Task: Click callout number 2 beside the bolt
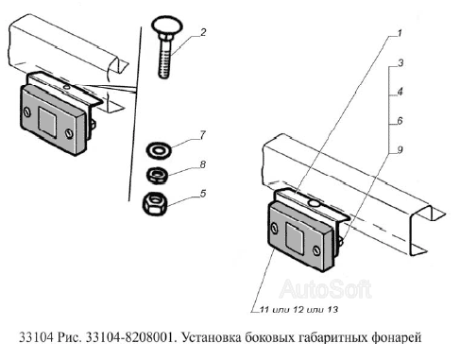pos(203,32)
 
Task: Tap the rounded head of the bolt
pos(167,26)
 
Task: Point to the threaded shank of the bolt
pos(165,58)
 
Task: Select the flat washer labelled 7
pos(159,150)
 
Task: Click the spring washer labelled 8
pos(157,175)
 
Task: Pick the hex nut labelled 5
pos(155,203)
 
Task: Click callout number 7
pos(203,135)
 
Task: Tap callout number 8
pos(203,164)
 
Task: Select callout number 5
pos(203,193)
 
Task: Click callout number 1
pos(400,33)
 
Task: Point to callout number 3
pos(400,62)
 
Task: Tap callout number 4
pos(400,92)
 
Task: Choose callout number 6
pos(400,121)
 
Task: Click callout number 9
pos(400,149)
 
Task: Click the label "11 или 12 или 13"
pos(298,309)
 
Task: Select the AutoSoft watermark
pos(326,289)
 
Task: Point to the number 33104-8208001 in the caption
pos(129,337)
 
